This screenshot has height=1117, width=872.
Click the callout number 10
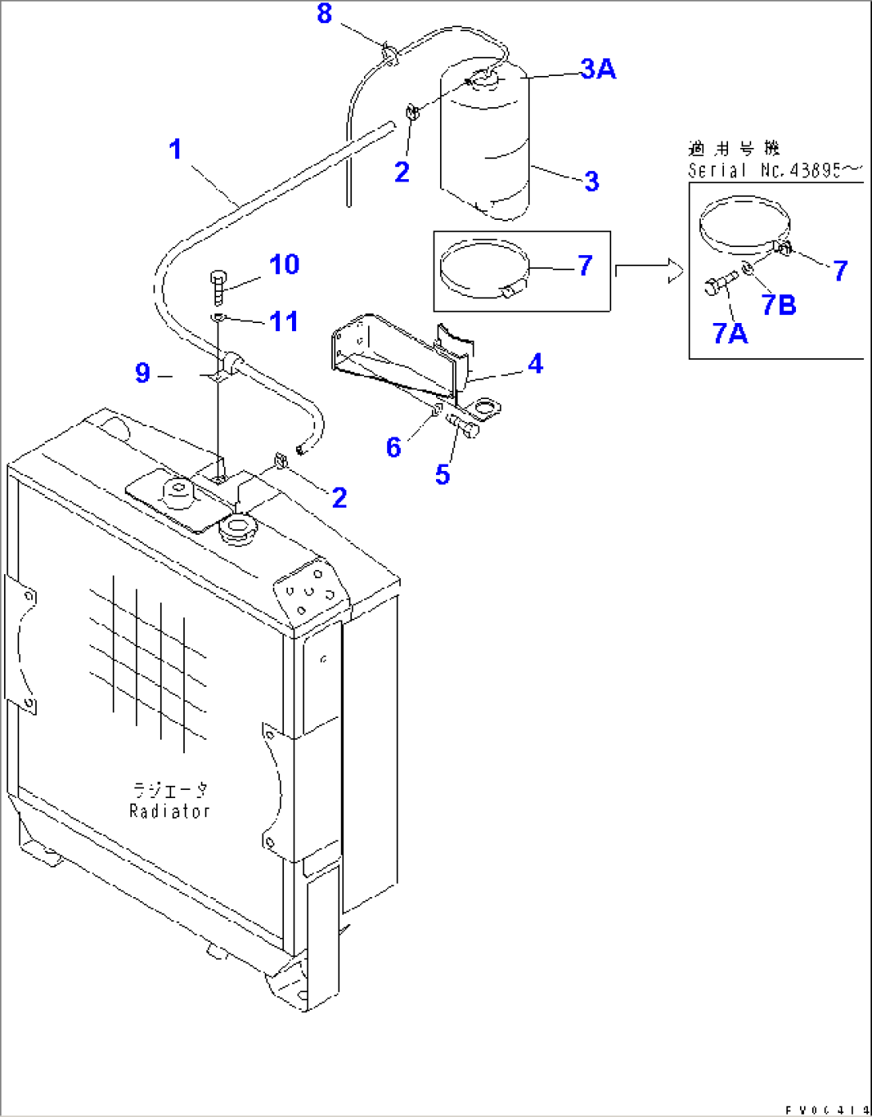point(283,265)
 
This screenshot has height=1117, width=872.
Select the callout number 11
point(283,321)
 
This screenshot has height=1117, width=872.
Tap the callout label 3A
point(598,70)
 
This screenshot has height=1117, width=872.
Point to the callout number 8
point(324,14)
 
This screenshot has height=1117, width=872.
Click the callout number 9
point(142,373)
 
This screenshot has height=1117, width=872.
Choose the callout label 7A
point(730,333)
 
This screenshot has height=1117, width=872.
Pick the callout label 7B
point(778,305)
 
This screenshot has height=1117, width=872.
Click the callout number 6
point(393,447)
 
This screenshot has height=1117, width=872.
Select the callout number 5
point(442,474)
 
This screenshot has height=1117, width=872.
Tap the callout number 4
point(535,364)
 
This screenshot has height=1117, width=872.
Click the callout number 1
point(175,150)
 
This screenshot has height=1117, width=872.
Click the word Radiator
point(170,811)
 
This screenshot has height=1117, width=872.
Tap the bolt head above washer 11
point(218,279)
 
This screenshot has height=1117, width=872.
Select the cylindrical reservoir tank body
point(485,144)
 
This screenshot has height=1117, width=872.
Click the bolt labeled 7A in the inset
point(718,285)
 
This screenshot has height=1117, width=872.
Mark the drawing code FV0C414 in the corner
point(825,1110)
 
